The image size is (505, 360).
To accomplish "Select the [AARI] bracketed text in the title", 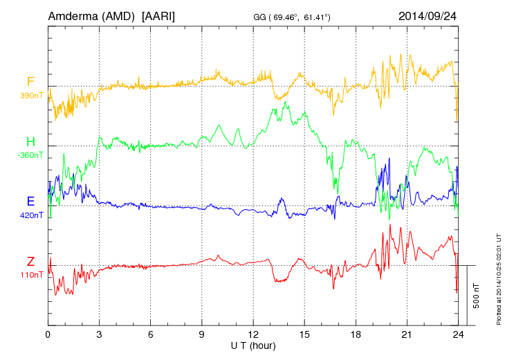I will tap(158, 15).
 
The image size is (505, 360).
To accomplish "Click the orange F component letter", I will tap(30, 82).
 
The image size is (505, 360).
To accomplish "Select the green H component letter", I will tap(30, 142).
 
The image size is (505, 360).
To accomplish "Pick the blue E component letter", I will tap(30, 201).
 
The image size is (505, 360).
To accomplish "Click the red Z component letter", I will tap(30, 261).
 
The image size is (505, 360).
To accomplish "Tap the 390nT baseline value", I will tap(31, 96).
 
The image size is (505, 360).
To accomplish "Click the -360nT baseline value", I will tap(30, 155).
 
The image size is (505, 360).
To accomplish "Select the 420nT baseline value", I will tap(31, 215).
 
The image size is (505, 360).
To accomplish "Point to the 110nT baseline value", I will tap(31, 275).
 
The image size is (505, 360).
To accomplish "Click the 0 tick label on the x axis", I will tap(48, 334).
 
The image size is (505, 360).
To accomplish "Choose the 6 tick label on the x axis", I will tap(151, 334).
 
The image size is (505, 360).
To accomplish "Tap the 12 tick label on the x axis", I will tap(253, 334).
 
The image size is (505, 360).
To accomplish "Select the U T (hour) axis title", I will tap(253, 345).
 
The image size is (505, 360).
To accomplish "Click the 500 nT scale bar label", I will tap(477, 296).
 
